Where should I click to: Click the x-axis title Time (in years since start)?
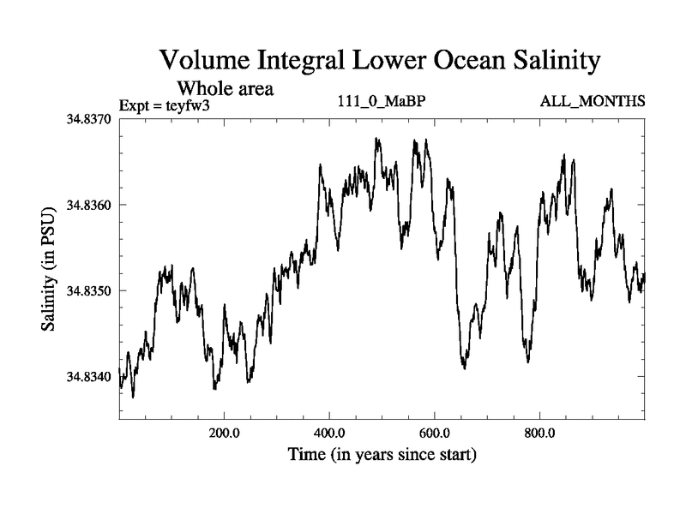(x=382, y=454)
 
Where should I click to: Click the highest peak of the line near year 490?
(x=376, y=138)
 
